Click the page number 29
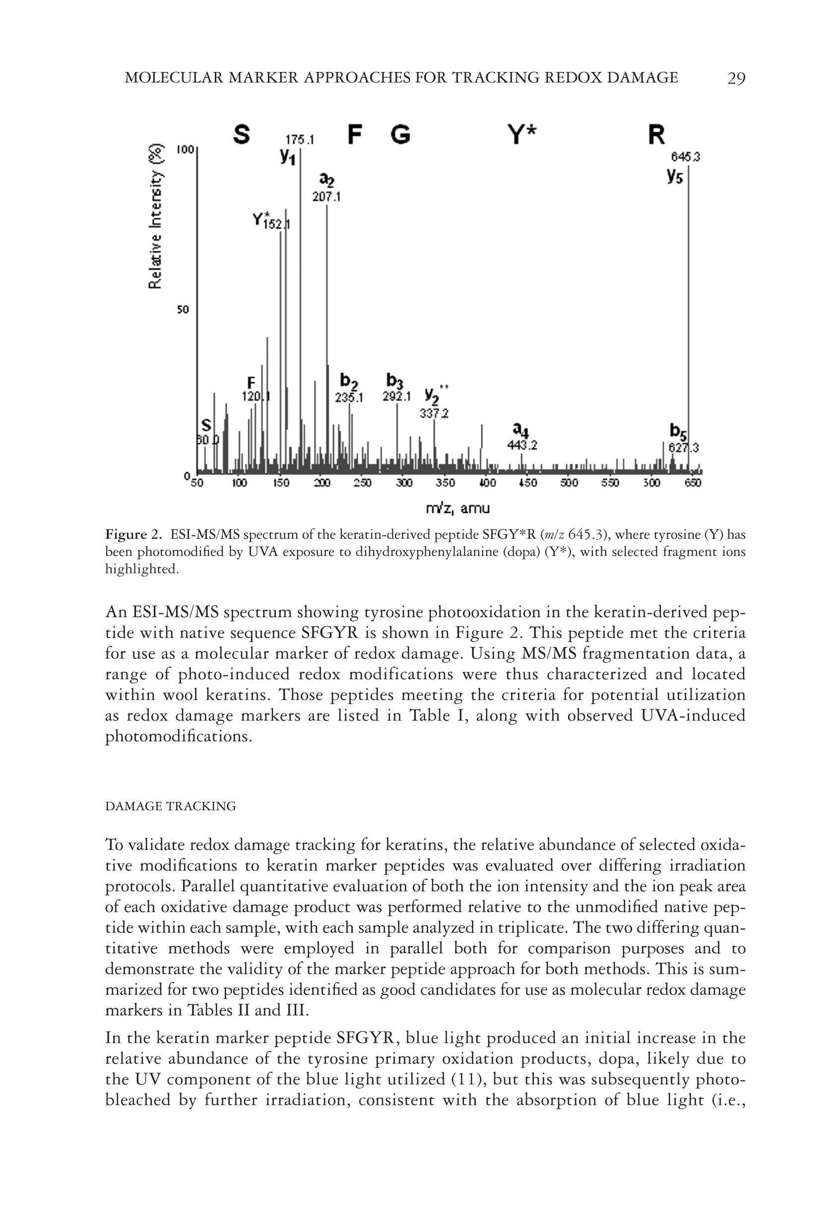(736, 78)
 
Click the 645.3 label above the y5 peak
(686, 157)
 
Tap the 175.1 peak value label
(300, 140)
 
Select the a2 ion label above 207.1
(327, 181)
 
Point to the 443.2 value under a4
(522, 445)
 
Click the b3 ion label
(395, 380)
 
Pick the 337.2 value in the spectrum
(434, 414)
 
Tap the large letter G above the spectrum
(400, 135)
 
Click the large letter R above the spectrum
(656, 135)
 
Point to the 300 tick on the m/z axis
(404, 483)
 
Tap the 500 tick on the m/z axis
(569, 483)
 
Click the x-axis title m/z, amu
(458, 508)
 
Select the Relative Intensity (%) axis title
(155, 215)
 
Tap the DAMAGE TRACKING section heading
(171, 806)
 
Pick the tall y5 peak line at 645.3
(689, 315)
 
